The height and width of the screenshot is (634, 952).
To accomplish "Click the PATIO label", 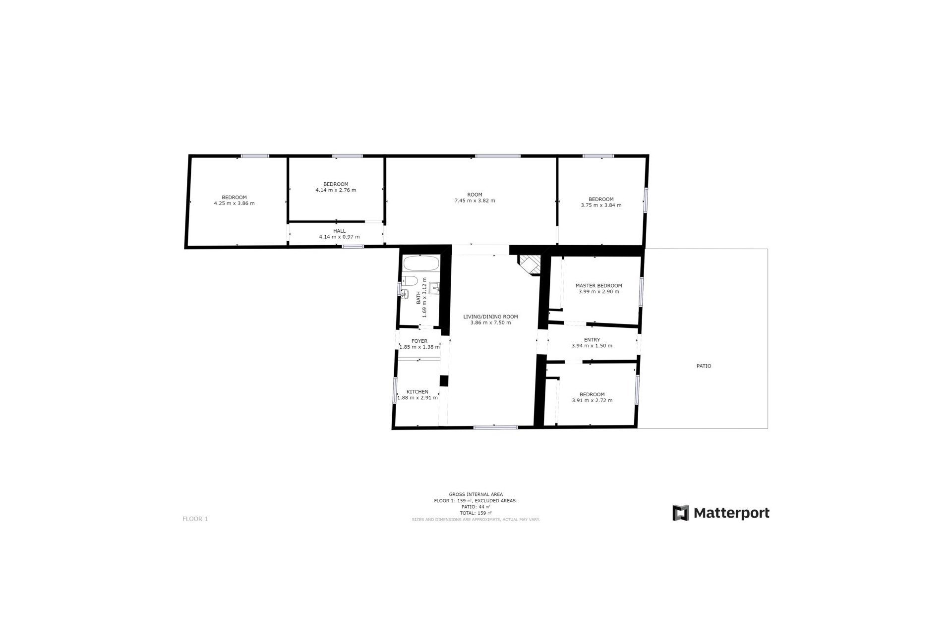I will click(704, 366).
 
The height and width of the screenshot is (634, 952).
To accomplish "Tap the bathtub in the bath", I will click(420, 263).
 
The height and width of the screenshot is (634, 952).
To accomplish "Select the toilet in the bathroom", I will click(410, 280).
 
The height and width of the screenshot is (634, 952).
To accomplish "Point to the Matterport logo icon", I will click(681, 513).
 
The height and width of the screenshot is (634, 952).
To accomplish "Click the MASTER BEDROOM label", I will click(598, 286).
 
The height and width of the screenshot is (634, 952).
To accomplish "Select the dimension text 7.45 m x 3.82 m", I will click(475, 201).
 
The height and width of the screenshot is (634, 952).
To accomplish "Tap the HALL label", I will click(339, 231).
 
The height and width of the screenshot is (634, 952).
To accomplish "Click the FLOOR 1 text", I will click(195, 519).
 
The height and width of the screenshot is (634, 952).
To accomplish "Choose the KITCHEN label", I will click(417, 392).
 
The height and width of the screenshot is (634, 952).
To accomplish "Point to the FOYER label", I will click(419, 341).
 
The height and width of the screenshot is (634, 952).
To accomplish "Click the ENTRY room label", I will click(592, 340).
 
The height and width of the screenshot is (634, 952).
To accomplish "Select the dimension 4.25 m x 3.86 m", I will click(234, 204).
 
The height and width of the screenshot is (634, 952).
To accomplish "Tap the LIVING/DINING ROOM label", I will click(490, 317).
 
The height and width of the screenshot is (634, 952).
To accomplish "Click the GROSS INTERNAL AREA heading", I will click(476, 494).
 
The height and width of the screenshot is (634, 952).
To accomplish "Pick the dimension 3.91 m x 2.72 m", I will click(592, 401).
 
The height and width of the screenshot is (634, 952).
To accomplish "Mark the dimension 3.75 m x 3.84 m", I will click(601, 206).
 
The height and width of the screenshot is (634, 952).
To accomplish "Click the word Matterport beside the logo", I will click(731, 513).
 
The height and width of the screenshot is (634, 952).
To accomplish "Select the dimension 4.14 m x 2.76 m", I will click(336, 190).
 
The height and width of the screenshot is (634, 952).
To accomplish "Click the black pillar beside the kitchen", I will click(444, 381).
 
